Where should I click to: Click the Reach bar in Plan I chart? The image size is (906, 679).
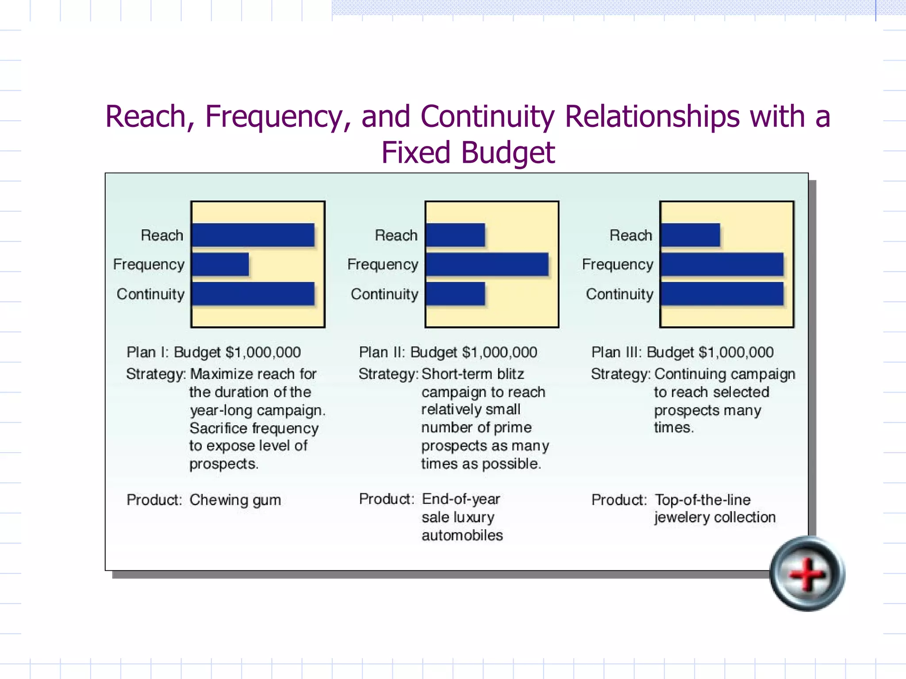[x=253, y=235]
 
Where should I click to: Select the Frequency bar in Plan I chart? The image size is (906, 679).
[x=220, y=264]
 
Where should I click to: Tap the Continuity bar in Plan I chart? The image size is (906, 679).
[x=253, y=294]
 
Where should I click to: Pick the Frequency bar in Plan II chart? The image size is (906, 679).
[x=487, y=264]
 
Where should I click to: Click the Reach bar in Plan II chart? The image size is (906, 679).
[x=455, y=235]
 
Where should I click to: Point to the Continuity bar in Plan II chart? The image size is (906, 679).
[x=455, y=294]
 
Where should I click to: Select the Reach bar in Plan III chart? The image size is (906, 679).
[x=690, y=235]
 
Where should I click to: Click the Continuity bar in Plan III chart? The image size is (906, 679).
[x=722, y=294]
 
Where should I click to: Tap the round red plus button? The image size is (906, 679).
[x=807, y=574]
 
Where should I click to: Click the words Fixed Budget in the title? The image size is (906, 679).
[x=468, y=153]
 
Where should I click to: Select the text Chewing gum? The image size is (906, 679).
[x=235, y=500]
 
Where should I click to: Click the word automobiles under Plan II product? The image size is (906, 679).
[x=462, y=535]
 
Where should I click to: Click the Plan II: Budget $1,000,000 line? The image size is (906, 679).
[x=448, y=352]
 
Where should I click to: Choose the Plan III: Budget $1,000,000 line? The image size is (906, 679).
[x=682, y=352]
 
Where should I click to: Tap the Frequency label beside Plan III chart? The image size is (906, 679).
[x=618, y=264]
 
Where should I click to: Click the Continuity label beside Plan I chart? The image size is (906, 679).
[x=150, y=294]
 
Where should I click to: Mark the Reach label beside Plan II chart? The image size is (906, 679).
[x=396, y=235]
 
